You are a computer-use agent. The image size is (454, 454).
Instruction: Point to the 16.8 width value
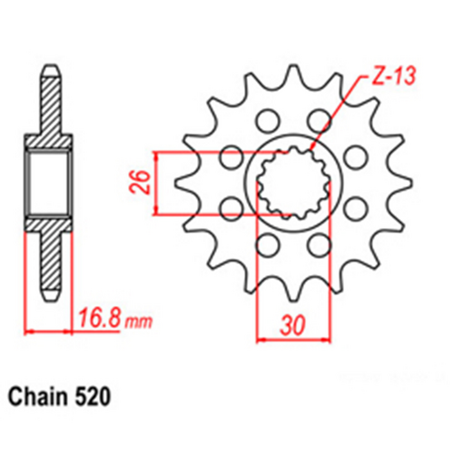[x=98, y=321]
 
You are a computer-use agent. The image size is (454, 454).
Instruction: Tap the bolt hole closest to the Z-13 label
[x=319, y=120]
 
